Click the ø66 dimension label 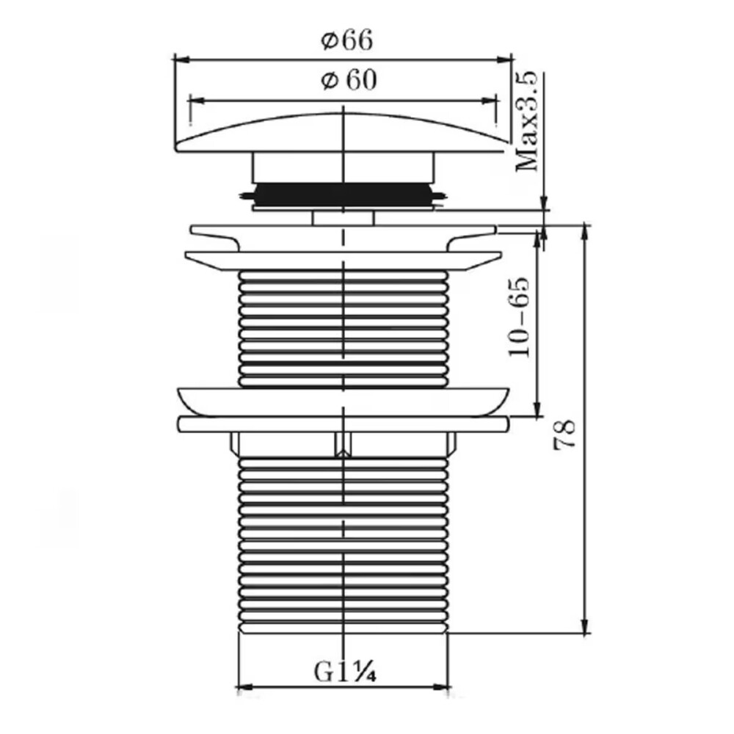347,41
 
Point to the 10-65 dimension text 520,317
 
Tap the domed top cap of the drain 342,132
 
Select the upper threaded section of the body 344,327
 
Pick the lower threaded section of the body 344,543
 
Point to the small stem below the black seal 343,217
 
